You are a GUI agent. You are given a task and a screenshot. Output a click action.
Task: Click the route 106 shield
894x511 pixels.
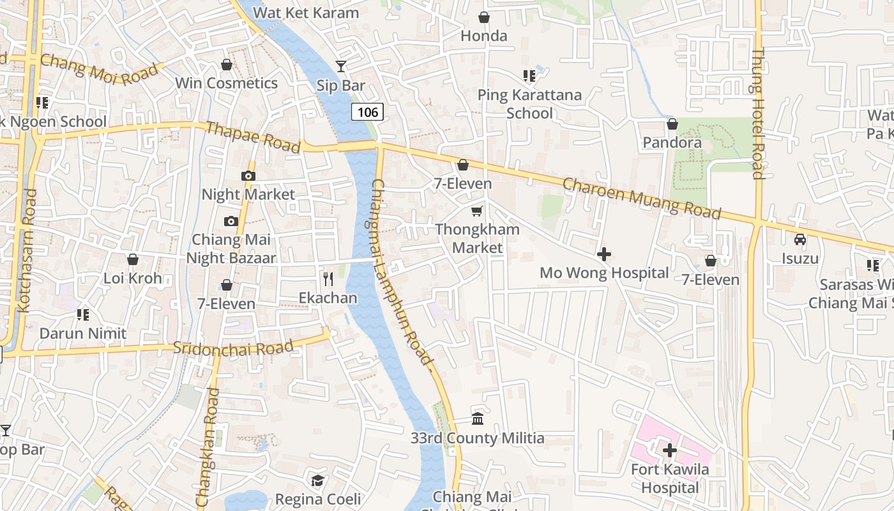tap(367, 112)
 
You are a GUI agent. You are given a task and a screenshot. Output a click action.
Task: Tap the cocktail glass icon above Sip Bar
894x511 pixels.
tap(341, 66)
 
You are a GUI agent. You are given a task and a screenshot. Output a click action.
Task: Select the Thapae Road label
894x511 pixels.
tap(253, 137)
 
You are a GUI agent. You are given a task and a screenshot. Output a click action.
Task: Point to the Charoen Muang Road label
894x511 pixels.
tap(641, 199)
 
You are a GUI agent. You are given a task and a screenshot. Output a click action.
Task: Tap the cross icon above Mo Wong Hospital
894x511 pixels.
tap(603, 254)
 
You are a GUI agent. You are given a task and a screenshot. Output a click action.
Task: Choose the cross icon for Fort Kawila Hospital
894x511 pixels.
tap(669, 450)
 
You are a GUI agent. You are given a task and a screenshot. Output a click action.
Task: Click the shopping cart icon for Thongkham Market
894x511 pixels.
tap(477, 211)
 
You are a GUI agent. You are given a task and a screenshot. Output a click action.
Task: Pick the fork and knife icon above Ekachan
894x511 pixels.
tap(328, 279)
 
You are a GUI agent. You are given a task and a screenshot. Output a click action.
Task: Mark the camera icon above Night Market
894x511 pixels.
tap(248, 176)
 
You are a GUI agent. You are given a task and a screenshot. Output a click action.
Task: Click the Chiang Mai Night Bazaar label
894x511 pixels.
tap(231, 249)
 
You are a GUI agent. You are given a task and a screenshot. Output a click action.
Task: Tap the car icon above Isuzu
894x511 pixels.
tap(799, 240)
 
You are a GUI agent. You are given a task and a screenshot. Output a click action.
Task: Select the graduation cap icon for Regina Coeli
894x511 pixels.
tap(317, 480)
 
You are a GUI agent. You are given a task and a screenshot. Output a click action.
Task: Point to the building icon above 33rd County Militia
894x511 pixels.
tap(477, 419)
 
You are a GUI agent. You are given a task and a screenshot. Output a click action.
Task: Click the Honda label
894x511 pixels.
tap(484, 36)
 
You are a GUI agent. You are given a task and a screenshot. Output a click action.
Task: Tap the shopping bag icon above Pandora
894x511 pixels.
tap(672, 124)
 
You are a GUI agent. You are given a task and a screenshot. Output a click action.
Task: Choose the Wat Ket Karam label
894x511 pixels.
tap(306, 12)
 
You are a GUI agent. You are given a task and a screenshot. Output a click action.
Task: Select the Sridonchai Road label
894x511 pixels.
tap(233, 349)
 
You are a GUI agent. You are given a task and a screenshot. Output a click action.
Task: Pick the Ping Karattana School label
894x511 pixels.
tap(529, 104)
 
